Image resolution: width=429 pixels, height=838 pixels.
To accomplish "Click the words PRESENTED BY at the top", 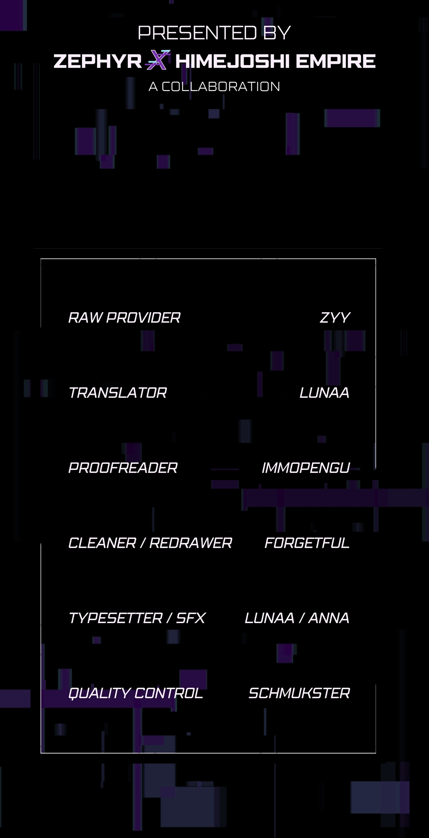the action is click(214, 33).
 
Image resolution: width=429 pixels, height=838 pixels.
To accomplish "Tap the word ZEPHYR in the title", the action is click(98, 61).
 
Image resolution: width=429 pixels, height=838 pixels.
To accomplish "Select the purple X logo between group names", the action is click(158, 60).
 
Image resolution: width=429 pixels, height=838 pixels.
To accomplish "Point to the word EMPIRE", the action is click(336, 61).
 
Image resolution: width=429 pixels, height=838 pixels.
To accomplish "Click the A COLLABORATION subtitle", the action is click(214, 87).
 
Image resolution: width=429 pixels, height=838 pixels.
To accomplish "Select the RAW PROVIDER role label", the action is click(124, 317).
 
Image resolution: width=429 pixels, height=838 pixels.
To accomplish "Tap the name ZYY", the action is click(335, 317).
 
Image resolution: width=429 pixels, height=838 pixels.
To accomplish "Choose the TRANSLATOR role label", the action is click(118, 393).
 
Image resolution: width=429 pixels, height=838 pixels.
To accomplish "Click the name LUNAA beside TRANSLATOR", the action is click(325, 393).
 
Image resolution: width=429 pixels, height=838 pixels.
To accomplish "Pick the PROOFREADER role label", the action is click(123, 468).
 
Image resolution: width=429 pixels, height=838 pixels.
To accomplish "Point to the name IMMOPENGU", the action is click(306, 468).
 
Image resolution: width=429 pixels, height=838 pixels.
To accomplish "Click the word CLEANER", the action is click(102, 543).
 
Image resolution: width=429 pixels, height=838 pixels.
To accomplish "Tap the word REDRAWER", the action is click(191, 543).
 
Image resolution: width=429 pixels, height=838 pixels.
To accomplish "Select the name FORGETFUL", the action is click(307, 543).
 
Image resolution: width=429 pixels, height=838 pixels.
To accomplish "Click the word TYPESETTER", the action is click(116, 618).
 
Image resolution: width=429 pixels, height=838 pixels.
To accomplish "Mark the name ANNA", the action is click(329, 618).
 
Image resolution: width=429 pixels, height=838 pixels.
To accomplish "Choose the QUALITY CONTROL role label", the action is click(136, 693).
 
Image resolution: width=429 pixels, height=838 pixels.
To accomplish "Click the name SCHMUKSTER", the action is click(299, 693).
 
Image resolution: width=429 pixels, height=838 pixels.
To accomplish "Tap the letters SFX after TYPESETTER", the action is click(191, 618).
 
